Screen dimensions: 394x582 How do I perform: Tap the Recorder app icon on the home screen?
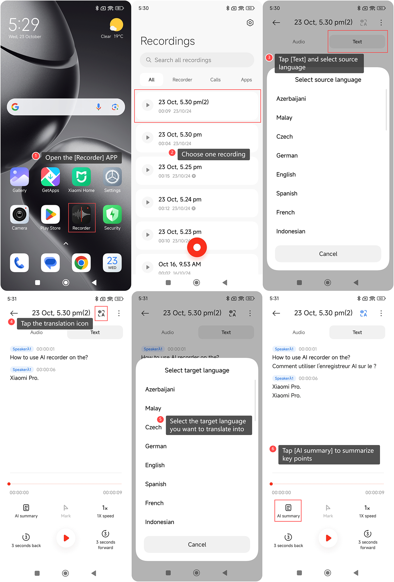coord(81,214)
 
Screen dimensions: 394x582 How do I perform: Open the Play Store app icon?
coord(50,214)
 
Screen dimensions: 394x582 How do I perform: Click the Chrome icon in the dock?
coord(81,263)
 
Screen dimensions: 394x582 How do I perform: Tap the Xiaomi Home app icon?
coord(81,177)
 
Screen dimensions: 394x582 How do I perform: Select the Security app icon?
coord(112,214)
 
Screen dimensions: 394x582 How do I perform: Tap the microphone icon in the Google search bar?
coord(99,107)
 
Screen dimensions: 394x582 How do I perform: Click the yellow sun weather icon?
coord(116,25)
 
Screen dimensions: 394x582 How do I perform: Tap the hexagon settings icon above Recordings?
coord(250,23)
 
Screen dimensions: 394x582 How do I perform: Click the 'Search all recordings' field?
coord(197,60)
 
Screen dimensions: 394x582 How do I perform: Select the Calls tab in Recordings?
coord(215,80)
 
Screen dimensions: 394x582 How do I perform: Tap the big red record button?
coord(197,247)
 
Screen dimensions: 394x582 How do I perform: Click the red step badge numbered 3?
coord(269,57)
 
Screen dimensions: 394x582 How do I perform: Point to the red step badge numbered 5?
coord(160,419)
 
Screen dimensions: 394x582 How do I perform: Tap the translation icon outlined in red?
coord(101,313)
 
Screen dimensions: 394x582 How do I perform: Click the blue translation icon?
coord(363,313)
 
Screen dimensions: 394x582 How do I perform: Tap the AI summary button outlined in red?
coord(288,511)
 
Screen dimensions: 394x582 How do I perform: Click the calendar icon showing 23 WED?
coord(112,263)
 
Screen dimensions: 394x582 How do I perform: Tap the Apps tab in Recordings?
coord(246,80)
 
